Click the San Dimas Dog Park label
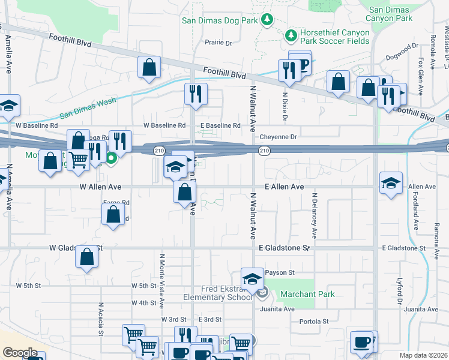coord(220,21)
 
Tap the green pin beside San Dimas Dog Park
coord(267,20)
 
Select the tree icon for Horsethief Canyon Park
coord(292,35)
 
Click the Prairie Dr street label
coord(218,43)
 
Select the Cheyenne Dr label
coord(278,137)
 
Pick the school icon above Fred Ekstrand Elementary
coord(253,279)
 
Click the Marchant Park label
coord(309,294)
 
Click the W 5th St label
coord(29,286)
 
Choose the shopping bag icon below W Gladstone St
coord(87,258)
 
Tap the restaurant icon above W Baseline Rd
coord(196,95)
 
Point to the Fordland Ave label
coord(415,214)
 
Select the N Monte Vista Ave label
coord(161,279)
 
